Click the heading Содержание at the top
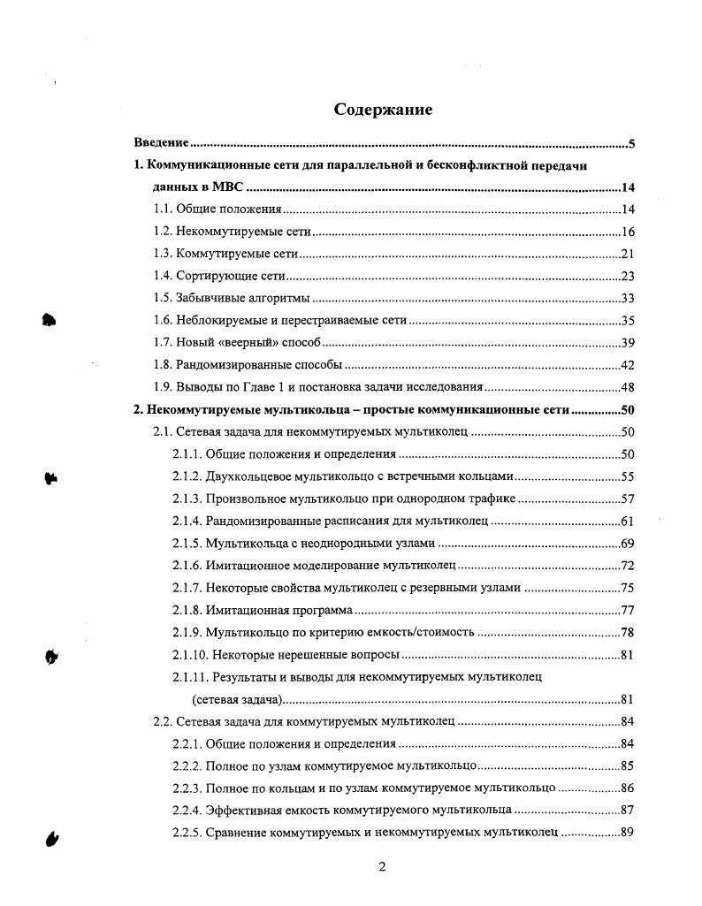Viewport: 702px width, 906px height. tap(383, 110)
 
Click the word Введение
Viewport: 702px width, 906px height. tap(162, 143)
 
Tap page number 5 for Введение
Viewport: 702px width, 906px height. tap(632, 143)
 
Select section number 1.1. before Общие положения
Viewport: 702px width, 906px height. tap(163, 209)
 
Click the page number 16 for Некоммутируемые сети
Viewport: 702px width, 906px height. tap(629, 232)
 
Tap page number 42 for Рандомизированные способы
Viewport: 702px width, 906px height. tap(629, 365)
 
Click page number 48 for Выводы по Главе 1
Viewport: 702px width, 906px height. tap(629, 387)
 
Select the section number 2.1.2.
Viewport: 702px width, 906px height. tap(187, 476)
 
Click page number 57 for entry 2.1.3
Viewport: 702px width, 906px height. tap(629, 499)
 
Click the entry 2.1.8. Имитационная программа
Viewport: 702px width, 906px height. tap(263, 611)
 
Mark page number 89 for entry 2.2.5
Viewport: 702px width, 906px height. tap(629, 833)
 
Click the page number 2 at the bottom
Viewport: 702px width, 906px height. tap(382, 867)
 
